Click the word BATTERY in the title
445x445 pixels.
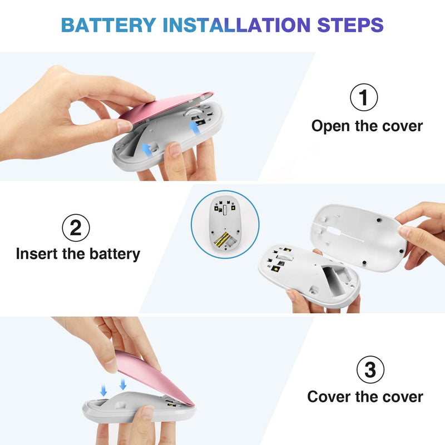click(108, 25)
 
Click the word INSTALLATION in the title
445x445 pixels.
click(237, 25)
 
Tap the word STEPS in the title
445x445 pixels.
click(350, 25)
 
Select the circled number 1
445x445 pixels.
click(364, 97)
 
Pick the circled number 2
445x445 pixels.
click(76, 228)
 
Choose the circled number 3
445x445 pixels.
click(370, 369)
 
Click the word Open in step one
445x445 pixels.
click(330, 126)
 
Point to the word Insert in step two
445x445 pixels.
click(37, 254)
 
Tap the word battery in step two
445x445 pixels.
click(115, 254)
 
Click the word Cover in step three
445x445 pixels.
click(329, 397)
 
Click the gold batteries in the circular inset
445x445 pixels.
click(222, 239)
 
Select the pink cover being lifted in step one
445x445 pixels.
click(166, 107)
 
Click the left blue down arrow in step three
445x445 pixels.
click(103, 390)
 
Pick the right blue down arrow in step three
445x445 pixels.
click(123, 384)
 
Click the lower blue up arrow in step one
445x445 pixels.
click(146, 150)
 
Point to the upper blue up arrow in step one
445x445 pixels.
click(195, 127)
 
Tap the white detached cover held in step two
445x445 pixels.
click(359, 238)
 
